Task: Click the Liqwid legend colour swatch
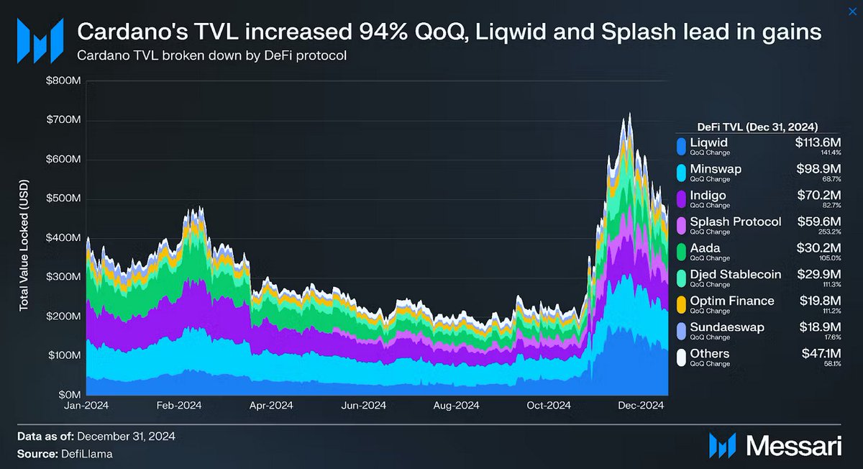(680, 146)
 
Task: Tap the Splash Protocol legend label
(735, 222)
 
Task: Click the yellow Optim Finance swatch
(680, 304)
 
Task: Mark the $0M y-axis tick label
(68, 395)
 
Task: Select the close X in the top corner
(852, 8)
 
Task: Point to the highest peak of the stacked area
(630, 114)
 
